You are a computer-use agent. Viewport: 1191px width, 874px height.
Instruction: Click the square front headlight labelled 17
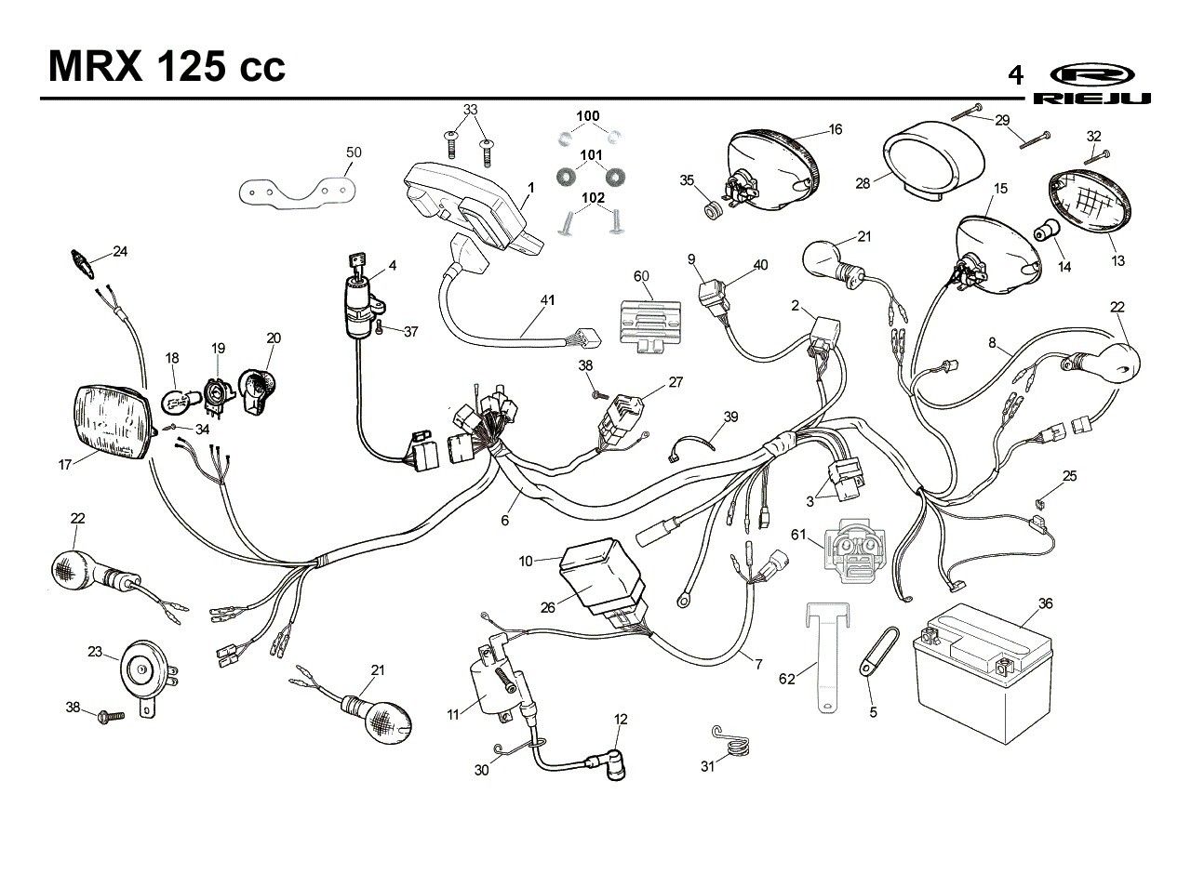(x=115, y=423)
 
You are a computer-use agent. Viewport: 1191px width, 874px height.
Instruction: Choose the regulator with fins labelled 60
(x=650, y=326)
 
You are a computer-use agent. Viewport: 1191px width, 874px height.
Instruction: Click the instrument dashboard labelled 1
(x=474, y=210)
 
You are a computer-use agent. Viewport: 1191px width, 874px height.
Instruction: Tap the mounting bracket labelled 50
(x=297, y=192)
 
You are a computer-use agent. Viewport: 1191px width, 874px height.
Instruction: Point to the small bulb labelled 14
(x=1047, y=232)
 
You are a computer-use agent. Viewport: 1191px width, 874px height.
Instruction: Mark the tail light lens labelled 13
(x=1090, y=202)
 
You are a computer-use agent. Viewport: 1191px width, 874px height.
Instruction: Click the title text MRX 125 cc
(x=167, y=67)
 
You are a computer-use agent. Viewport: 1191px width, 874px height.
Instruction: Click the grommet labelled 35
(x=713, y=209)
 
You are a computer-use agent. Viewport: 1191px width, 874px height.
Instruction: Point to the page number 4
(x=1015, y=75)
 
